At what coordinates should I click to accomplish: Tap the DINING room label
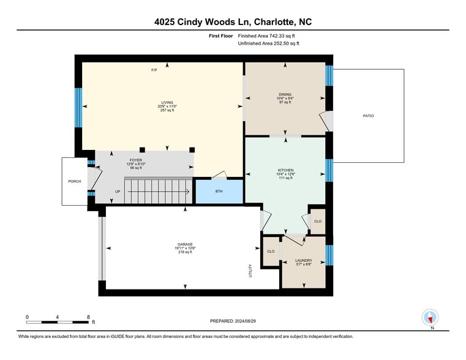point(285,94)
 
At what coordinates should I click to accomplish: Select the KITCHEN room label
point(285,170)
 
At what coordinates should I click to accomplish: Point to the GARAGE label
point(186,244)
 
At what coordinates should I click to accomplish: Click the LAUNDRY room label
point(304,260)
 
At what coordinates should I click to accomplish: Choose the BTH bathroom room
point(219,192)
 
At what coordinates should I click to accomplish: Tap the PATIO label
point(367,116)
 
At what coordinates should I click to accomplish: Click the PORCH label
point(74,181)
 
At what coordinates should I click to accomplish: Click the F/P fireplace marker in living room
point(154,70)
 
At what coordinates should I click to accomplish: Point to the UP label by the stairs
point(118,192)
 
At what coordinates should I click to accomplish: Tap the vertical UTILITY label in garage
point(250,270)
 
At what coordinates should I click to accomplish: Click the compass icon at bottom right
point(430,317)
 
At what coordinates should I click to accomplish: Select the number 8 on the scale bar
point(89,317)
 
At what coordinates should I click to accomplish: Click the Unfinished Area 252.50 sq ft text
point(268,43)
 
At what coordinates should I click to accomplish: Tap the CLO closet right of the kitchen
point(317,221)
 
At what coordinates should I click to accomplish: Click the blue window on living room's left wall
point(78,108)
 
